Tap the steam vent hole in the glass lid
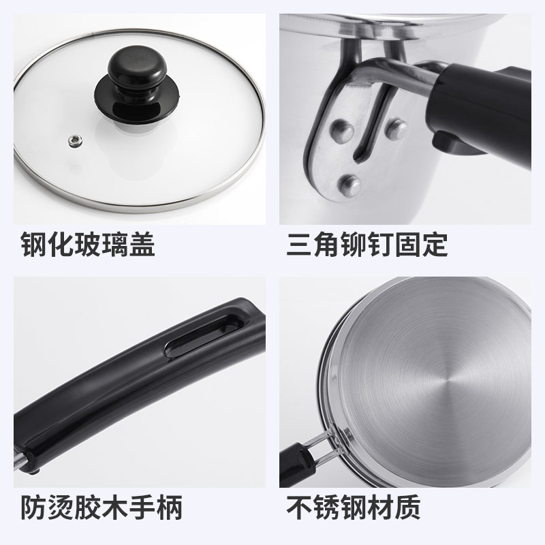[x=73, y=140]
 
